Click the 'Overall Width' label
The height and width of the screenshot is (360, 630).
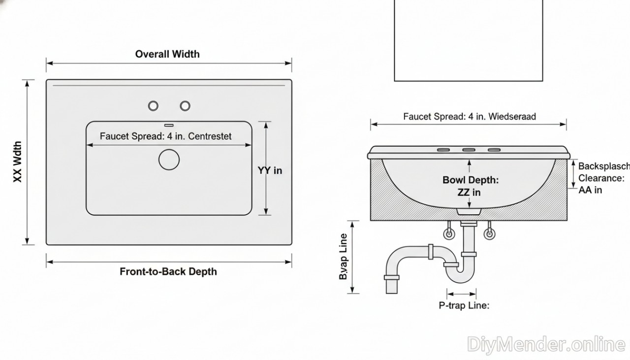point(167,54)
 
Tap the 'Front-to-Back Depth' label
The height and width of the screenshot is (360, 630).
point(168,271)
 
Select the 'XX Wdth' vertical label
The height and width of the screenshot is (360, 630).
point(18,163)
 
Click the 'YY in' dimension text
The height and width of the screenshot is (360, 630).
point(270,170)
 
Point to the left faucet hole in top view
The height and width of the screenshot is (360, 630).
point(154,105)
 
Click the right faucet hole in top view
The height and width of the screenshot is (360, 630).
point(185,105)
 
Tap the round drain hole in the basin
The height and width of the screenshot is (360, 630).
point(169,160)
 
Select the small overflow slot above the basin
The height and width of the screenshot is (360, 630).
point(169,125)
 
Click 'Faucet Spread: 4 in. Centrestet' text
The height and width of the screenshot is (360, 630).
point(165,136)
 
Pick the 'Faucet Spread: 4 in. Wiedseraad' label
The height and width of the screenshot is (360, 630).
point(470,117)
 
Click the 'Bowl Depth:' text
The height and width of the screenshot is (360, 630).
point(471,180)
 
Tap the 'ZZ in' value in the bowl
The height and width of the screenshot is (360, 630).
point(469,192)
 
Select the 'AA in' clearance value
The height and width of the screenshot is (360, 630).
point(590,190)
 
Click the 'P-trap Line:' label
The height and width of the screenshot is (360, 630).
point(464,305)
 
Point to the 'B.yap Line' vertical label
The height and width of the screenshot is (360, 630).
point(344,257)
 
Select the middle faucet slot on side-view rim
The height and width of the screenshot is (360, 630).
point(469,149)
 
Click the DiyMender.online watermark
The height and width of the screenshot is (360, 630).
point(546,344)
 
